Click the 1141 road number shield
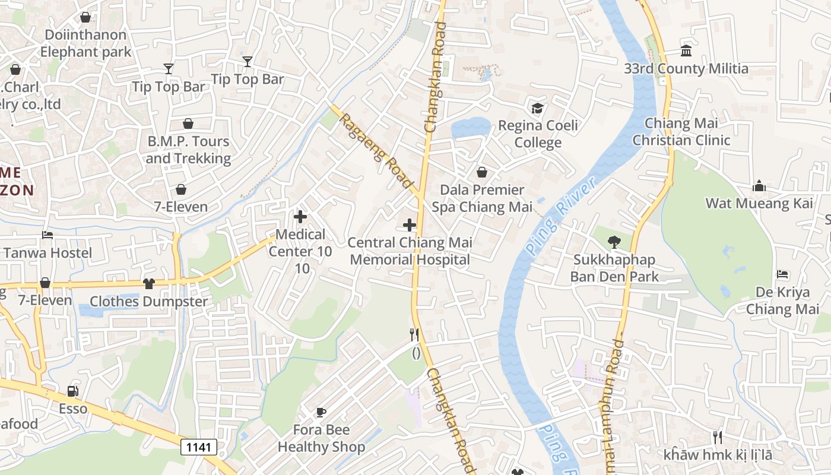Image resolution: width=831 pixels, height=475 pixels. tap(199, 447)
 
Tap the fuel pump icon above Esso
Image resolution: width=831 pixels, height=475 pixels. tap(72, 391)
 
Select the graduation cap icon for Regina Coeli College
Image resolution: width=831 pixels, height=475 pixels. tap(537, 108)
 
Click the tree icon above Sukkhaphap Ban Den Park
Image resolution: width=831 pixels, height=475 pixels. tap(614, 242)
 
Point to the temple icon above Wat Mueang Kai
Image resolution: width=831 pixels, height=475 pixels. tap(759, 186)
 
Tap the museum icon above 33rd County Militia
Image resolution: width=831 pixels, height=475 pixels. tap(686, 50)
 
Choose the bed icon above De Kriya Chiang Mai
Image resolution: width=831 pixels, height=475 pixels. tap(782, 274)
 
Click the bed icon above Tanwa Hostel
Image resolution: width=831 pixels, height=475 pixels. tap(47, 235)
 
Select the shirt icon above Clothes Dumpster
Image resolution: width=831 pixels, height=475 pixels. tap(148, 284)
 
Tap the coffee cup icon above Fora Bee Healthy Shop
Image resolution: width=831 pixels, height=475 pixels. tap(321, 411)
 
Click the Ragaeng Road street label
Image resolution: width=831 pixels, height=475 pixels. tap(375, 149)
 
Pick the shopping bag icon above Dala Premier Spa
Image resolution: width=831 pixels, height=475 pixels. tap(482, 172)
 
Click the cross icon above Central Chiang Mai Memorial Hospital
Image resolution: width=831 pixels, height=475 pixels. tap(410, 224)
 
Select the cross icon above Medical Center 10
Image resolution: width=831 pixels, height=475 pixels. tap(300, 217)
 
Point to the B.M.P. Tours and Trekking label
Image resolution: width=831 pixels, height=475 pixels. tap(188, 150)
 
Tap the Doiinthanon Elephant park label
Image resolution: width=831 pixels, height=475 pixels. tap(85, 43)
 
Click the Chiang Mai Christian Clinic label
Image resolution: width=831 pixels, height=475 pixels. tap(681, 132)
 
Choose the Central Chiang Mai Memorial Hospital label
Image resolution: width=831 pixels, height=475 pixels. tap(410, 251)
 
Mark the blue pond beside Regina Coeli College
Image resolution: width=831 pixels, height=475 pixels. tap(470, 127)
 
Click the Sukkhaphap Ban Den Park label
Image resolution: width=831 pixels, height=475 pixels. tap(614, 268)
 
